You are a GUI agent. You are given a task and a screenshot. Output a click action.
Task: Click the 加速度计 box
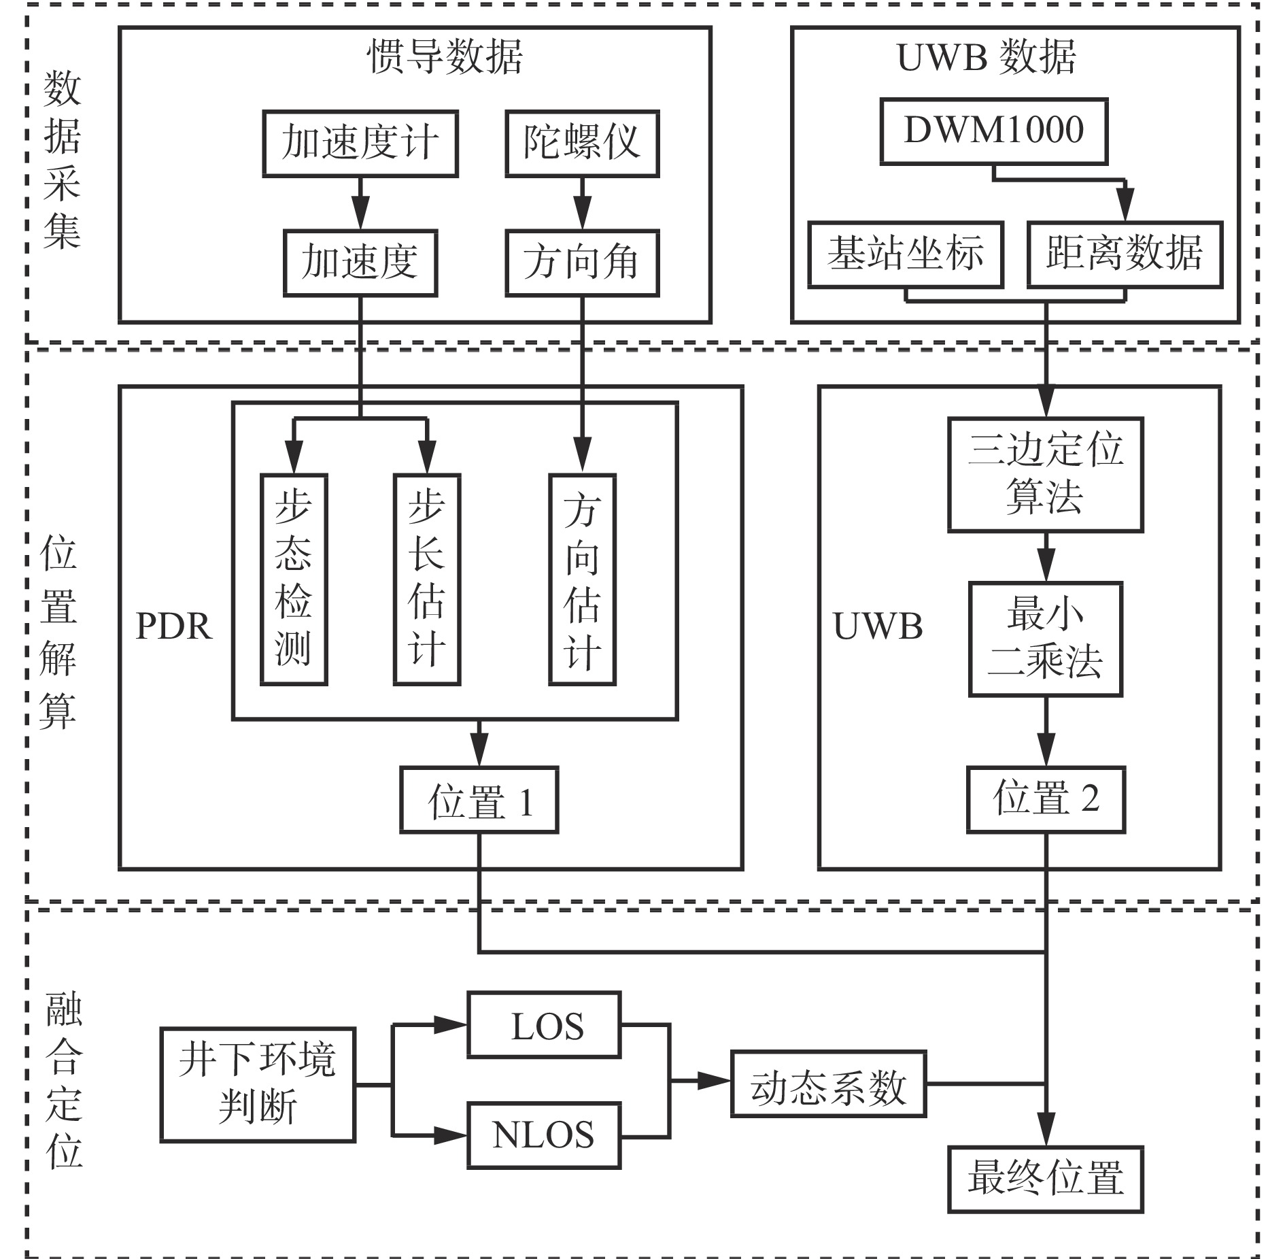click(x=360, y=144)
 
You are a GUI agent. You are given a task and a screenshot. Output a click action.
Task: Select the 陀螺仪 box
click(x=582, y=144)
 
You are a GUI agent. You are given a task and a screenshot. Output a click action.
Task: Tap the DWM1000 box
click(x=993, y=131)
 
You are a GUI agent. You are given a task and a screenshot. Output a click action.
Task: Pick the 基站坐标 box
click(x=906, y=254)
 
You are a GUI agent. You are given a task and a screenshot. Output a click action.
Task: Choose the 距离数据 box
click(x=1125, y=254)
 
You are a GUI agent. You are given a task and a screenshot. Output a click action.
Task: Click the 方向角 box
click(x=582, y=263)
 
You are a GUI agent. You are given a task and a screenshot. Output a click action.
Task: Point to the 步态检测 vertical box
click(x=294, y=579)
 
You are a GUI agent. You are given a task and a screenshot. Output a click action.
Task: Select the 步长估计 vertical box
click(x=427, y=579)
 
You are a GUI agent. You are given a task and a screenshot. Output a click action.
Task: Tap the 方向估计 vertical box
click(x=582, y=579)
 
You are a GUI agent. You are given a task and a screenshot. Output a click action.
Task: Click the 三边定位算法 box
click(x=1045, y=474)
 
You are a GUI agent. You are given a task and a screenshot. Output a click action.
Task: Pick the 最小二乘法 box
click(x=1045, y=639)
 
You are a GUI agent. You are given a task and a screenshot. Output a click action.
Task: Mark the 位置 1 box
click(x=479, y=800)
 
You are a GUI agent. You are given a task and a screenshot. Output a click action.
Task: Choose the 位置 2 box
click(x=1046, y=800)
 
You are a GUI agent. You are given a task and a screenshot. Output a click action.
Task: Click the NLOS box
click(x=544, y=1136)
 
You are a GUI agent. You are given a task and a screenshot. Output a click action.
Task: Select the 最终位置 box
click(x=1046, y=1179)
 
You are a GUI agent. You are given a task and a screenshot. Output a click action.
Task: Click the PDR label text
click(x=174, y=626)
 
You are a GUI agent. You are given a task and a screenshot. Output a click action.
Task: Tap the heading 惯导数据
click(x=445, y=56)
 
